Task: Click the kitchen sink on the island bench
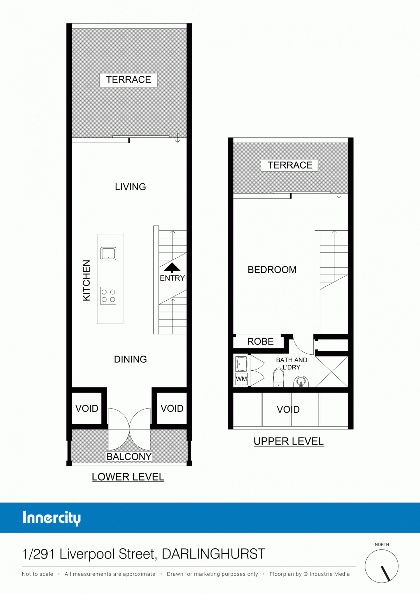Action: click(108, 254)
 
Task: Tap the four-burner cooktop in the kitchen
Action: click(108, 296)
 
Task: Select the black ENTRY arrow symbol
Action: click(172, 268)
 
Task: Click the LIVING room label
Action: click(130, 187)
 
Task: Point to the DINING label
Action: click(130, 359)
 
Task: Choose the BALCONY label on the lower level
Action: click(129, 456)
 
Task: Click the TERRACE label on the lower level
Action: click(129, 79)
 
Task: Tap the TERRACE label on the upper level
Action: click(290, 165)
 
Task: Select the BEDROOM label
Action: click(272, 270)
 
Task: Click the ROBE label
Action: click(260, 342)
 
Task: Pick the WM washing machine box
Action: click(242, 379)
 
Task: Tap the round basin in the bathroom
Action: click(301, 382)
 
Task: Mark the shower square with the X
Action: click(332, 372)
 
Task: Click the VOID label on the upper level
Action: click(288, 410)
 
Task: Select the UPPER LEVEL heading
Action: click(289, 441)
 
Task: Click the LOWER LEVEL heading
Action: click(128, 477)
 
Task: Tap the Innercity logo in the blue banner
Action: click(52, 518)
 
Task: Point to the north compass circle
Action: click(382, 566)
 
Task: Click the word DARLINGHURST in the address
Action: click(213, 554)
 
